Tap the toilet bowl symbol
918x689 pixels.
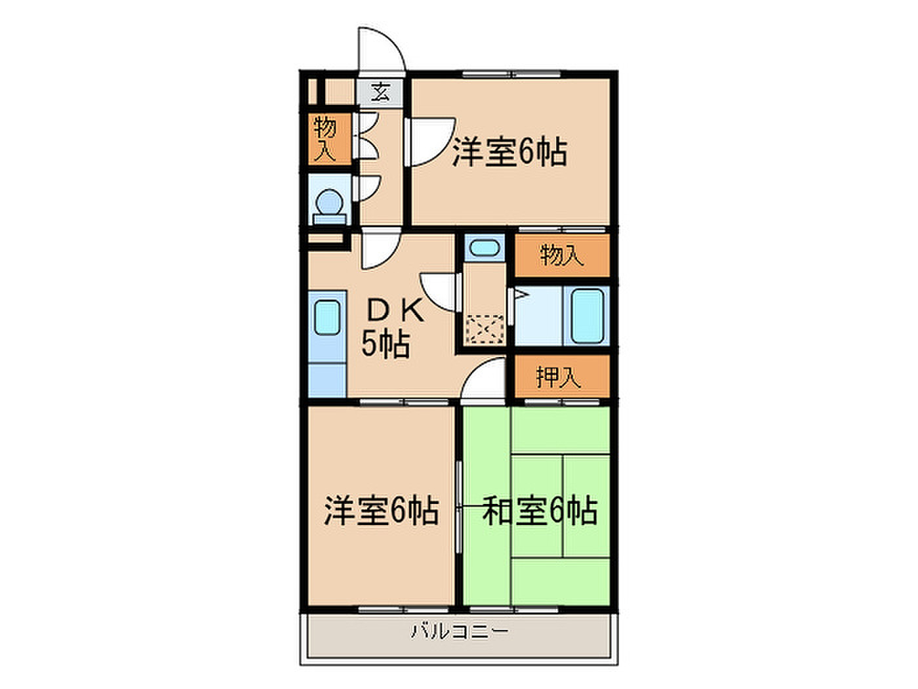pyautogui.click(x=330, y=206)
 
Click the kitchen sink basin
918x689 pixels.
pyautogui.click(x=327, y=318)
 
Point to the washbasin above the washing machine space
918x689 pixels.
pyautogui.click(x=484, y=247)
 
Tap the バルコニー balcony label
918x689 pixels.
pyautogui.click(x=459, y=644)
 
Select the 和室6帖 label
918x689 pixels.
pyautogui.click(x=540, y=511)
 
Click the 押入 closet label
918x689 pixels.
pyautogui.click(x=558, y=377)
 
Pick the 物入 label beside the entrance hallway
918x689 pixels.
pyautogui.click(x=325, y=139)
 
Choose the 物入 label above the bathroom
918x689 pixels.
pyautogui.click(x=561, y=255)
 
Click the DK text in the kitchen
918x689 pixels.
pyautogui.click(x=395, y=312)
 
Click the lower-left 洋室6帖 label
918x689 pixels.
pyautogui.click(x=382, y=511)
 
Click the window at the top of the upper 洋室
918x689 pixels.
pyautogui.click(x=511, y=74)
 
